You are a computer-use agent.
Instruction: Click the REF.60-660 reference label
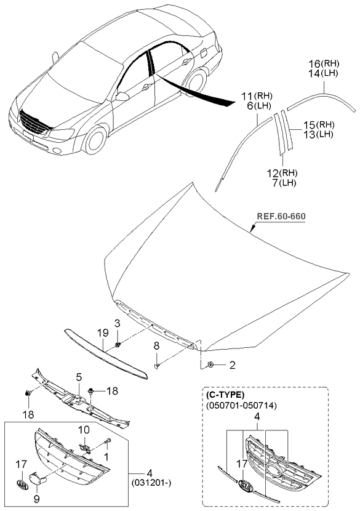point(281,216)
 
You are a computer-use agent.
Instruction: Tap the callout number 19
point(102,334)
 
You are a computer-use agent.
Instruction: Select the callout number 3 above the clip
point(117,323)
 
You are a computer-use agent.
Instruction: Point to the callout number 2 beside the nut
point(232,365)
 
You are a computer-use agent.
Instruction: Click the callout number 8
point(156,347)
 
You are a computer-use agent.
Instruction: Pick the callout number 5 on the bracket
point(79,377)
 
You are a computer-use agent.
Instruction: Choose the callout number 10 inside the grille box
point(84,430)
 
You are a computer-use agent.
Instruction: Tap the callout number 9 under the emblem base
point(36,499)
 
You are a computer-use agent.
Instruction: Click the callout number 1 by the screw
point(106,457)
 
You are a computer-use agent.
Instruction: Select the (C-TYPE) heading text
point(225,395)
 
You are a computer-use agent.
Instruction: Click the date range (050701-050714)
point(241,405)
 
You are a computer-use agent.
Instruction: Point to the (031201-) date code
point(151,482)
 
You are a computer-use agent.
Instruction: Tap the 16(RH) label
point(324,63)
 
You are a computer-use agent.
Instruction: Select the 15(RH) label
point(319,125)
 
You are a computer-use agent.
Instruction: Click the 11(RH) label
point(257,96)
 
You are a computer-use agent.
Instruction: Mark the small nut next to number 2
point(210,364)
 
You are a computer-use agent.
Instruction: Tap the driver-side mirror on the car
point(122,97)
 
